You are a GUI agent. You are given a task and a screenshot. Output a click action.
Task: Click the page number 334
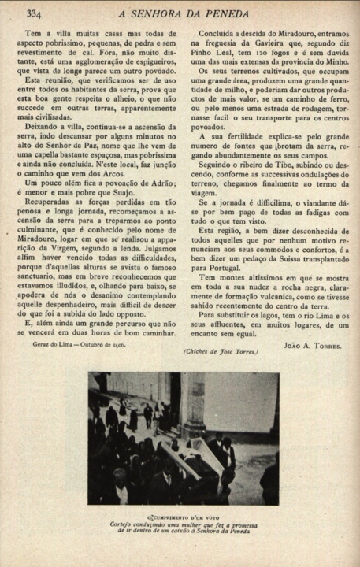(34, 13)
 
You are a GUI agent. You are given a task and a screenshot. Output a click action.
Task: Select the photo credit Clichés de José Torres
(221, 351)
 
